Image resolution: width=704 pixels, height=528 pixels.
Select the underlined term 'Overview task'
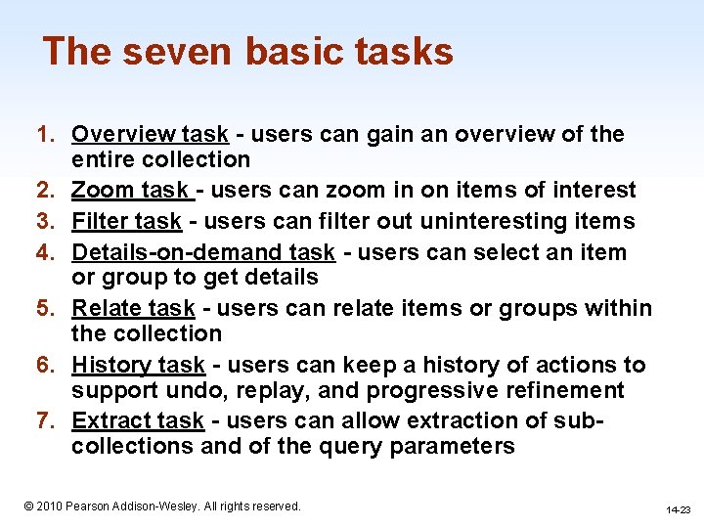(150, 134)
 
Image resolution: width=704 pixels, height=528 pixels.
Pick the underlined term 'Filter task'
(126, 221)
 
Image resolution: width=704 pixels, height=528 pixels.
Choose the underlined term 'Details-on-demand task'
(203, 252)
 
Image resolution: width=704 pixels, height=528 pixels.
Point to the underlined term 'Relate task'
(133, 308)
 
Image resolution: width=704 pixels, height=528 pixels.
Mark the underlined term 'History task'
(138, 365)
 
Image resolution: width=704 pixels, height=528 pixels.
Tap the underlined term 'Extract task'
(138, 420)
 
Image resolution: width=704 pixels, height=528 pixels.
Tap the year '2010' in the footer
(49, 506)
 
